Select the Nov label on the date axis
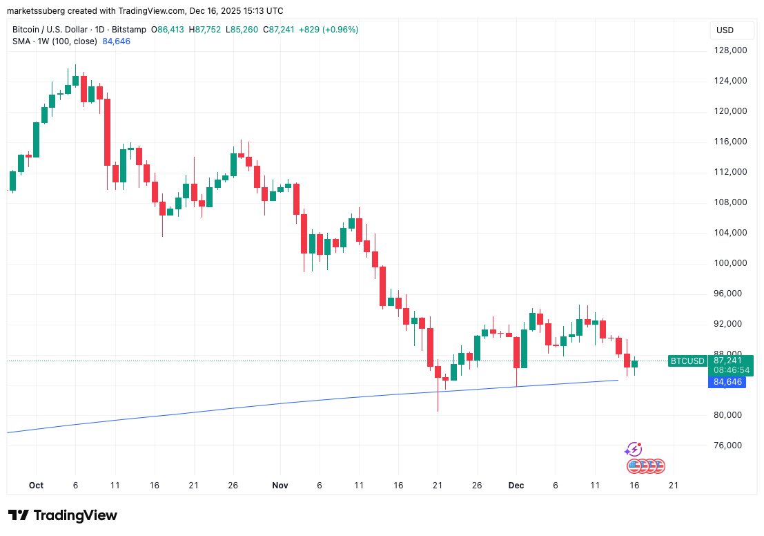coord(280,486)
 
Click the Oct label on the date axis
coord(36,486)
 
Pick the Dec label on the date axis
coord(516,486)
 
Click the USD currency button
coord(725,30)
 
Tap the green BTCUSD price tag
coord(688,361)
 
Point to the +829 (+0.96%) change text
coord(328,30)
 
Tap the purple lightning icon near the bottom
coord(633,450)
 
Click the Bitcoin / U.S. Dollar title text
coord(50,30)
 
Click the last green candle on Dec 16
coord(635,363)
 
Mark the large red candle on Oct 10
coord(107,132)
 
